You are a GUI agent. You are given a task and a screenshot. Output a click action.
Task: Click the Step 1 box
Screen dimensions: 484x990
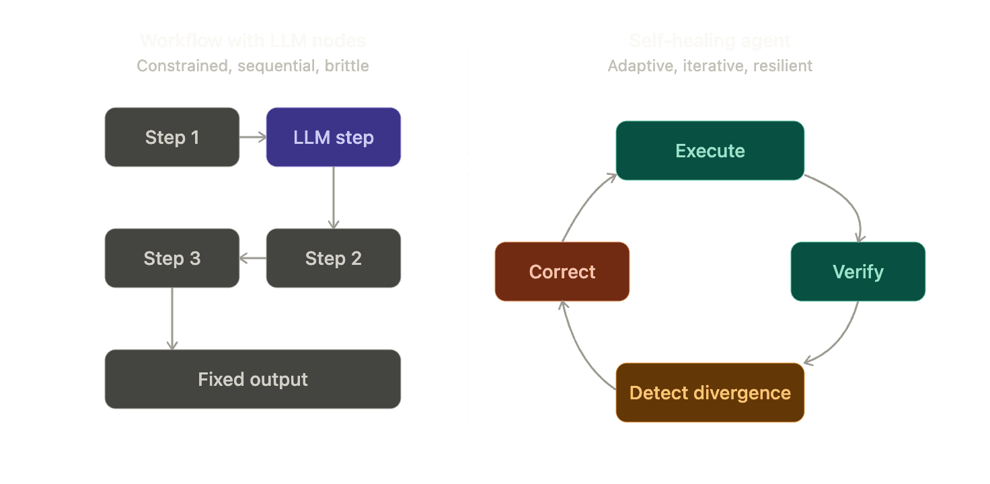(172, 137)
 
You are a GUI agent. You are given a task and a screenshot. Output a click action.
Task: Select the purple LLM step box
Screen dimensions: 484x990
(334, 137)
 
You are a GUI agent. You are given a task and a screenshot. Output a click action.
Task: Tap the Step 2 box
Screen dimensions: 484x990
(334, 258)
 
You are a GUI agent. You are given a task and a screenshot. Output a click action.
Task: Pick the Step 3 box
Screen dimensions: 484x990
(172, 258)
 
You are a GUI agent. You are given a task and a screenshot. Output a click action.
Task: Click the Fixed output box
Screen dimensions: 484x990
(253, 379)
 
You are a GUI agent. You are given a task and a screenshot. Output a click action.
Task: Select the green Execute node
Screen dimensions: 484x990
(710, 151)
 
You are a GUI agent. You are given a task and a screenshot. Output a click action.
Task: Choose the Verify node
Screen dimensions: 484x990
(858, 272)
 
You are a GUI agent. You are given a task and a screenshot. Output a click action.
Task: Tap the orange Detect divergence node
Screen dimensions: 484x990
(710, 393)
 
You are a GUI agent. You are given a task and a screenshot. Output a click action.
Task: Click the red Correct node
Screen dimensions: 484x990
(562, 272)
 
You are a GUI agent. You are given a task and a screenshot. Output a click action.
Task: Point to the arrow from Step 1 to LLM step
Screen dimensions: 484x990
(253, 137)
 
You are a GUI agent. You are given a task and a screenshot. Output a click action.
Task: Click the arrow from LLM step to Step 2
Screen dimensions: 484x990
(334, 198)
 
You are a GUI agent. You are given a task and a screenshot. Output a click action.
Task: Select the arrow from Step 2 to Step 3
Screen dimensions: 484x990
(253, 258)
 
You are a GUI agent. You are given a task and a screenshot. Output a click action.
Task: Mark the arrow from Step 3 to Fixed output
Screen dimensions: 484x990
(172, 319)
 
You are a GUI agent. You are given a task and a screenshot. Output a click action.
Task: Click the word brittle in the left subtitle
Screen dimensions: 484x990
(346, 66)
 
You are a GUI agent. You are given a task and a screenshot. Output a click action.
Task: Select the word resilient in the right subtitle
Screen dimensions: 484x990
(783, 66)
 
